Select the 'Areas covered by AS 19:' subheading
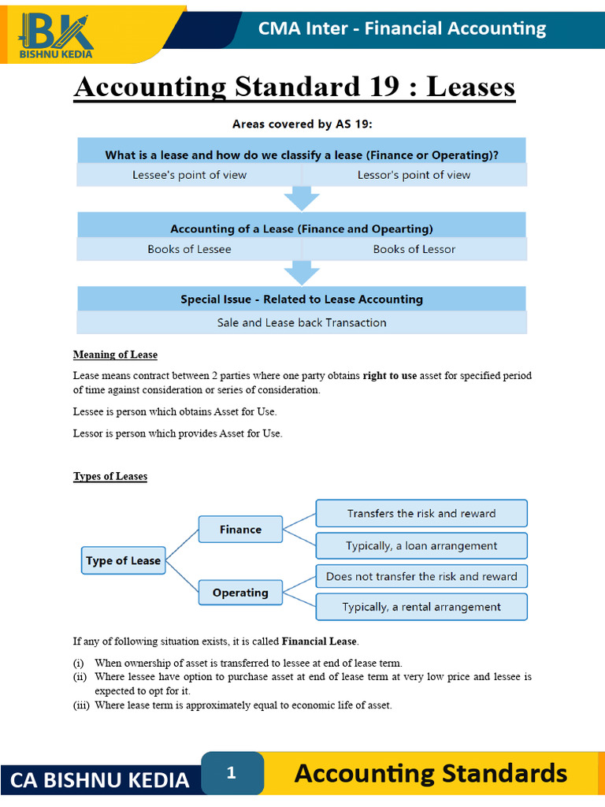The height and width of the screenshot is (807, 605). [x=302, y=124]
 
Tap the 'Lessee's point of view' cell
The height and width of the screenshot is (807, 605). [x=189, y=175]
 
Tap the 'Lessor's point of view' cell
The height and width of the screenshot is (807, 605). [x=414, y=175]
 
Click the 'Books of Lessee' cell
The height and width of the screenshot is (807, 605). [x=189, y=249]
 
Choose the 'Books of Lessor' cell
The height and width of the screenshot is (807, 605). [x=414, y=249]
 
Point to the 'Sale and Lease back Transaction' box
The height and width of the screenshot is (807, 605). [x=302, y=322]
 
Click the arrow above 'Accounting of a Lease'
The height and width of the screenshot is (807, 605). [x=301, y=199]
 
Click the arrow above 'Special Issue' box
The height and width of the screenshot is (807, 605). [x=301, y=273]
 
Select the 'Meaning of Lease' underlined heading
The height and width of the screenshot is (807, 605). [x=115, y=355]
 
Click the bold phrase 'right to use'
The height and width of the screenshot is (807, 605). [x=389, y=376]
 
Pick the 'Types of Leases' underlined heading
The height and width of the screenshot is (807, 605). [x=110, y=477]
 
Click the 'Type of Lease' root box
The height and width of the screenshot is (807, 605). [x=123, y=561]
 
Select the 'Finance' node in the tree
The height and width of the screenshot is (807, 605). [x=240, y=530]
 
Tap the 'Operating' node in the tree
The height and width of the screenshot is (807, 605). [x=240, y=593]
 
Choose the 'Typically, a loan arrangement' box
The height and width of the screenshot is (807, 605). [x=421, y=545]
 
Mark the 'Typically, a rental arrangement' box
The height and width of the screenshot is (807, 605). [x=421, y=607]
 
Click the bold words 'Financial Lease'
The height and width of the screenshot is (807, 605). [x=319, y=642]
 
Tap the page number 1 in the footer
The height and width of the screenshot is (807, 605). [x=232, y=773]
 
